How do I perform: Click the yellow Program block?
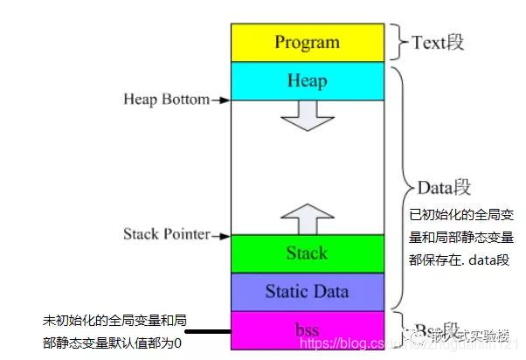(x=307, y=42)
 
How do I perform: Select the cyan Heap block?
(x=307, y=80)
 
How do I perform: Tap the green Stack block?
(x=307, y=253)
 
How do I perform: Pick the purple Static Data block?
(x=307, y=291)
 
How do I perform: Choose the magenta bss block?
(x=307, y=330)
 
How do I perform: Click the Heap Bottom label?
(x=165, y=100)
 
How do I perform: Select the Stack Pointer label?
(x=166, y=234)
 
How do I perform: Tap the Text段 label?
(x=437, y=40)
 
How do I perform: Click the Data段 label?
(x=441, y=186)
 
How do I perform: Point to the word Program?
(x=307, y=42)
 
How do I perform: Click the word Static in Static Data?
(x=284, y=291)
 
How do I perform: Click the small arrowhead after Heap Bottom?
(x=223, y=100)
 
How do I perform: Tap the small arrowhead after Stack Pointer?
(x=223, y=235)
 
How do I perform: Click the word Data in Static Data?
(x=329, y=291)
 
